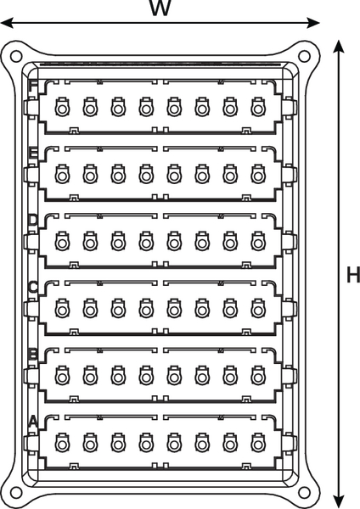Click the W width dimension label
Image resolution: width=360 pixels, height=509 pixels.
coord(160,8)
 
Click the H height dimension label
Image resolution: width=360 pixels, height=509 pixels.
coord(353,275)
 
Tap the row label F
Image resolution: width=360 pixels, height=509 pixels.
coord(33,86)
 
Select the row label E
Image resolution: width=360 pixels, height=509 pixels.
coord(33,154)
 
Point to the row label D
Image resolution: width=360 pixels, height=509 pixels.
coord(33,221)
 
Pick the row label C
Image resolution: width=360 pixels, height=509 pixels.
coord(33,288)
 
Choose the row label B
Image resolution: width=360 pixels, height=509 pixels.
coord(33,355)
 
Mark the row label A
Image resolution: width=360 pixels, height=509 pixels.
coord(33,422)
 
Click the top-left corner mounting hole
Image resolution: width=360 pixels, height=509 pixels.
coord(16,56)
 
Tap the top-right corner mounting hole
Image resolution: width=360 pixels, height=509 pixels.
coord(304,56)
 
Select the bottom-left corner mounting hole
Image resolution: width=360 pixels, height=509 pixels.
coord(16,493)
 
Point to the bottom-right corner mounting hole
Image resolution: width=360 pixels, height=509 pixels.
coord(304,493)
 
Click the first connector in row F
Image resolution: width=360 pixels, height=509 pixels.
coord(62,107)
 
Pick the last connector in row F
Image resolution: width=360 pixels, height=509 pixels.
coord(258,107)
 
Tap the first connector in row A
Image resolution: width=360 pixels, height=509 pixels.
coord(62,443)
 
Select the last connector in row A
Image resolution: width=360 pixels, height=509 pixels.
coord(258,443)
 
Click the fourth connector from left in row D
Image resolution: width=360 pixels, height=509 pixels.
coord(146,241)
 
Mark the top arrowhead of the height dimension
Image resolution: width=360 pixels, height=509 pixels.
coord(339,47)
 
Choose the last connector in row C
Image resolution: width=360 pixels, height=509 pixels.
coord(258,308)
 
